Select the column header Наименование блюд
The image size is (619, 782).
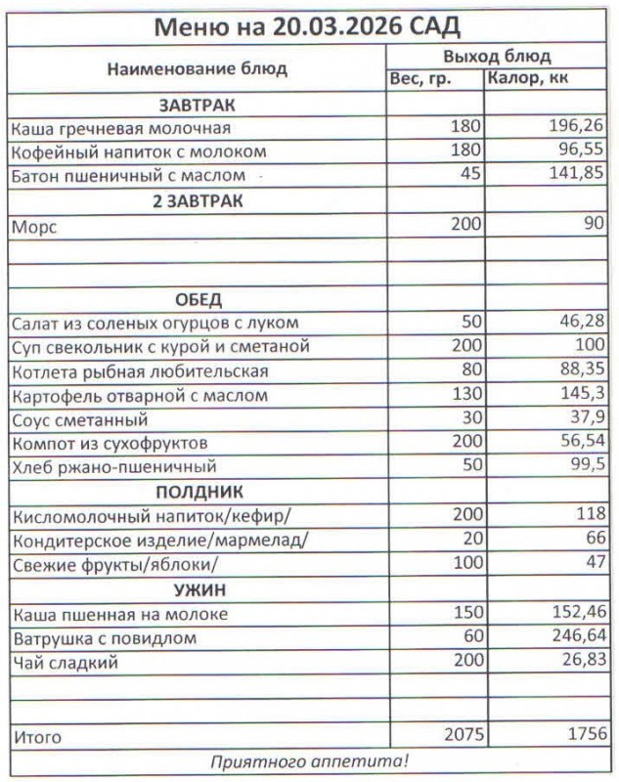197,68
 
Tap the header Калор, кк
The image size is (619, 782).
530,78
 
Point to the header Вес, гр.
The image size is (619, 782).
420,78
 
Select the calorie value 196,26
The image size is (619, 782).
577,127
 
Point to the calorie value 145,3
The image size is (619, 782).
582,396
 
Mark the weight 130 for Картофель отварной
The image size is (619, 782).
464,396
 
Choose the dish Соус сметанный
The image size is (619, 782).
79,420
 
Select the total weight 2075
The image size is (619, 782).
460,734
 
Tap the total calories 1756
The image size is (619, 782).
583,734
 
